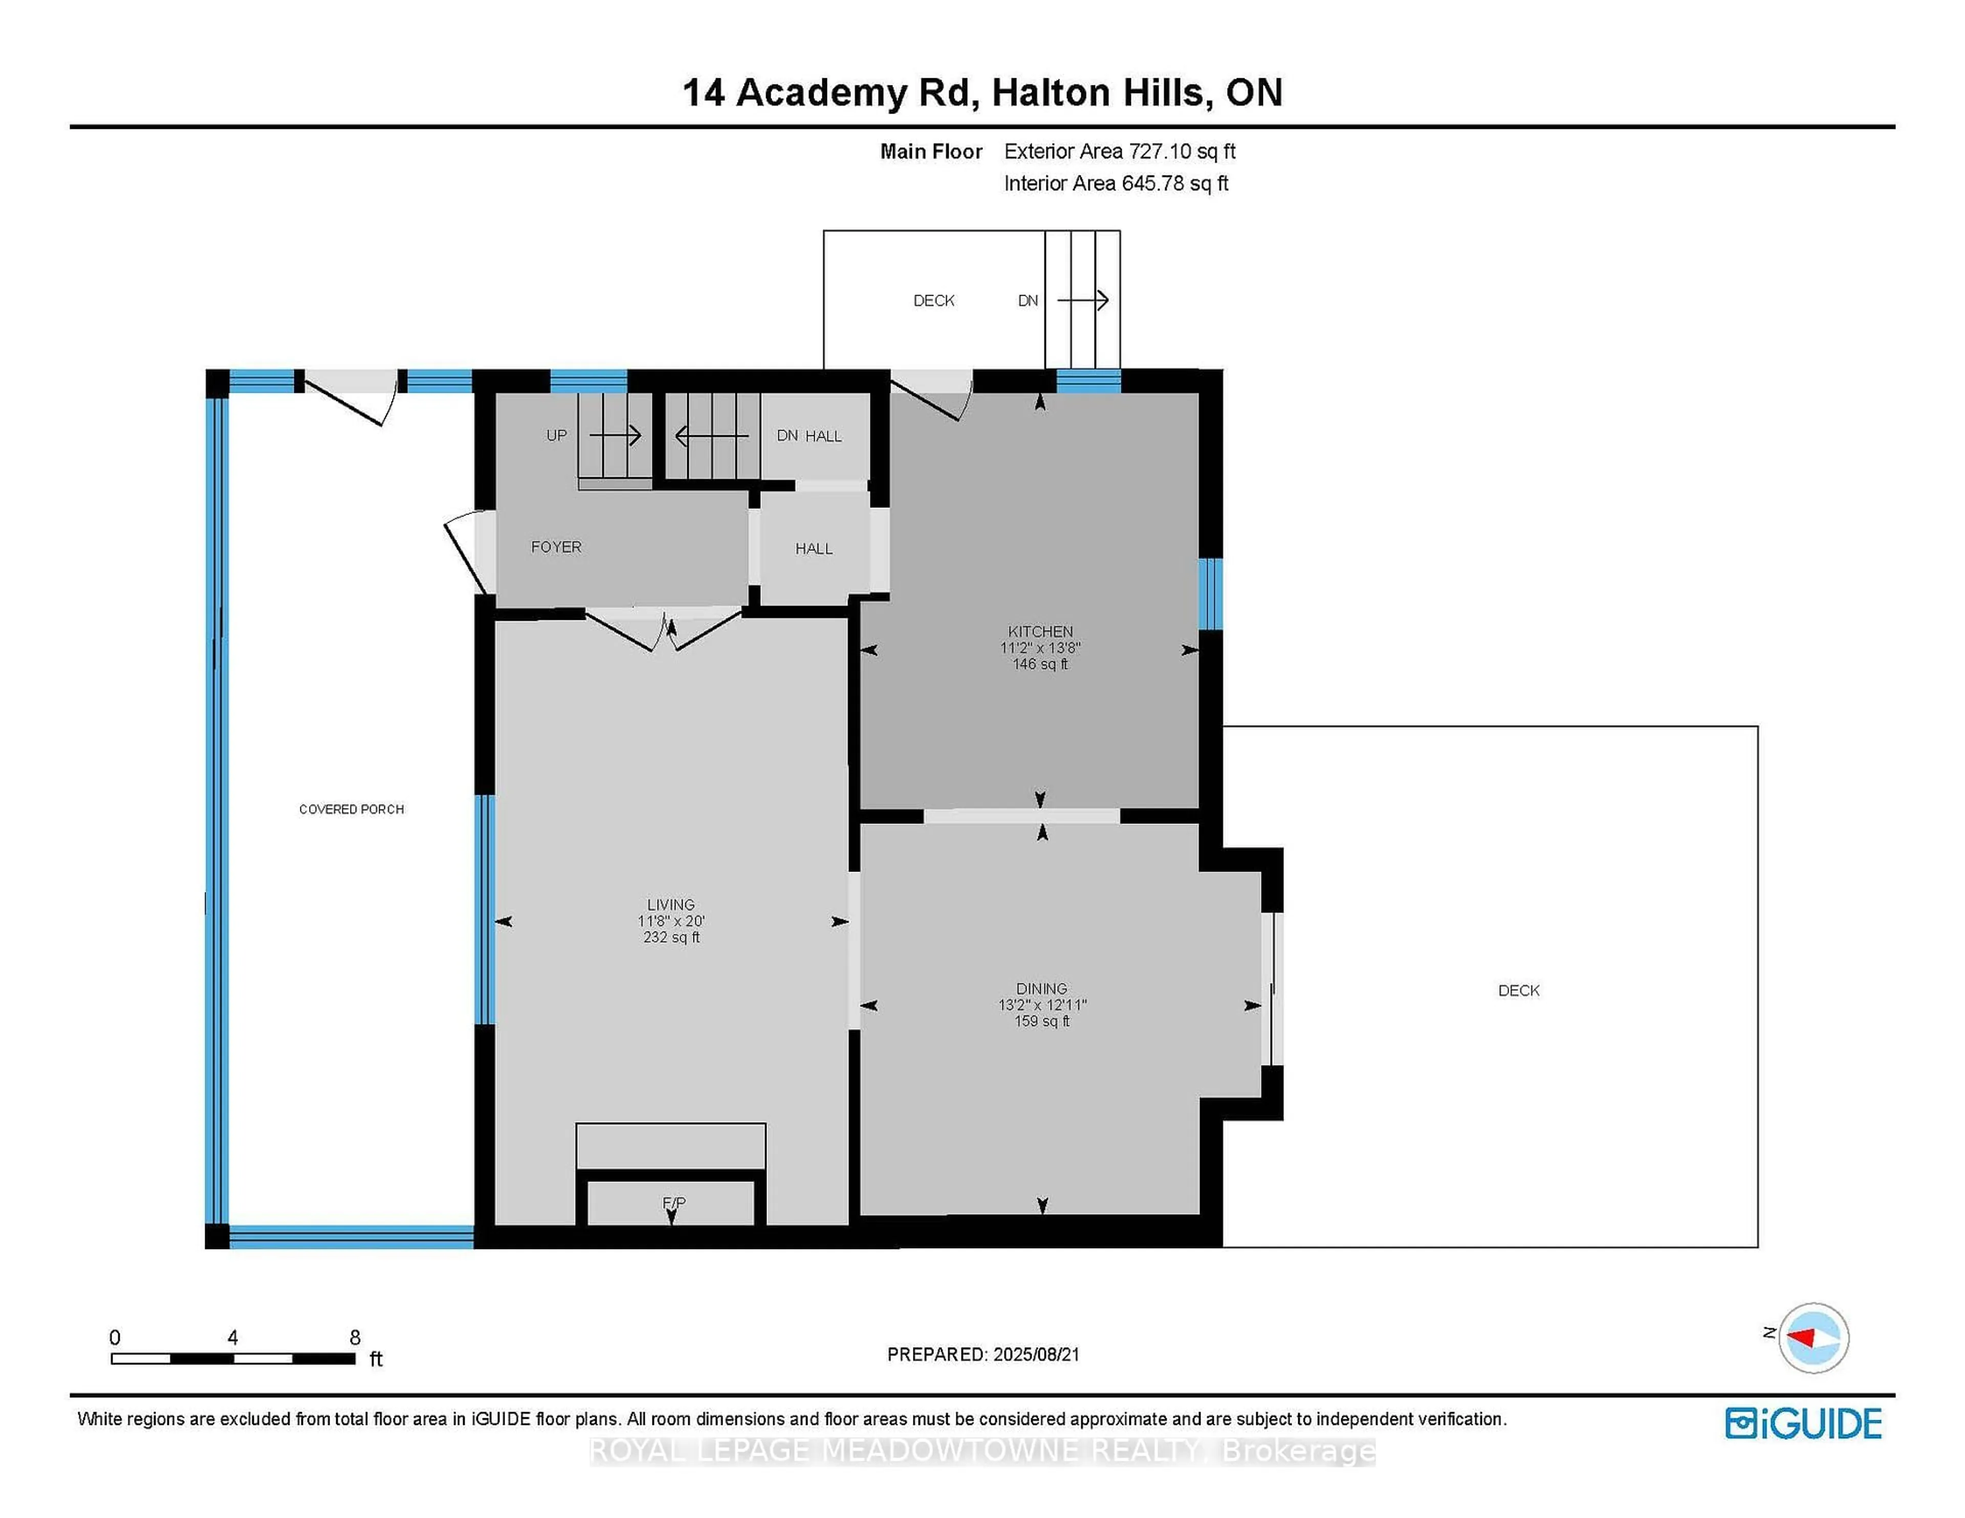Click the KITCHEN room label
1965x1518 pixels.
click(1040, 631)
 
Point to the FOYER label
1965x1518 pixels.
click(556, 547)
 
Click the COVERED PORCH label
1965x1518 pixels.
click(351, 809)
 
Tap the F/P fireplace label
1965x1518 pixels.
click(674, 1202)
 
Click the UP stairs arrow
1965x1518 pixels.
click(616, 435)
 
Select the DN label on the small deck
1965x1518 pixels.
click(1028, 300)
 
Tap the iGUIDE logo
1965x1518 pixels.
click(1803, 1423)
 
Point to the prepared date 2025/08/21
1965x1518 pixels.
click(1032, 1354)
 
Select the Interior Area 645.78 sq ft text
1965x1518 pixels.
click(1116, 184)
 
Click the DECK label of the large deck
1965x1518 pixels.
click(1519, 990)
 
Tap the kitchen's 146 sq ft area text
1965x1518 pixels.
click(1040, 664)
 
